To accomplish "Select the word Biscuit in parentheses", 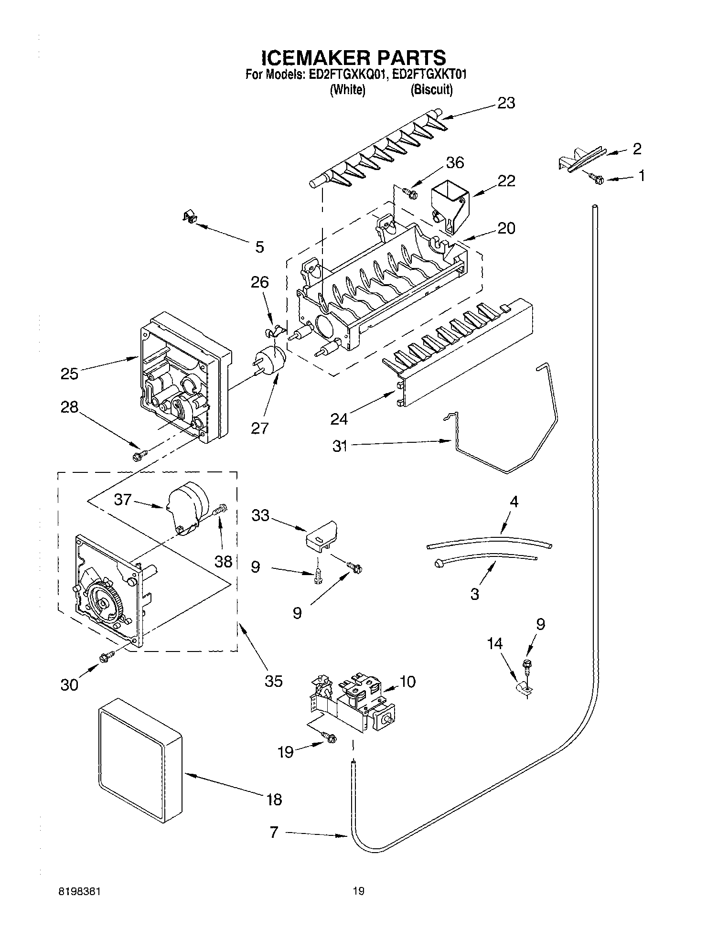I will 431,89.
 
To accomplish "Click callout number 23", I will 506,103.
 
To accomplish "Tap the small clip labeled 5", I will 191,218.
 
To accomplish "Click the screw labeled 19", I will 329,738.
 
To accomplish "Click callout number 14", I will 494,644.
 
